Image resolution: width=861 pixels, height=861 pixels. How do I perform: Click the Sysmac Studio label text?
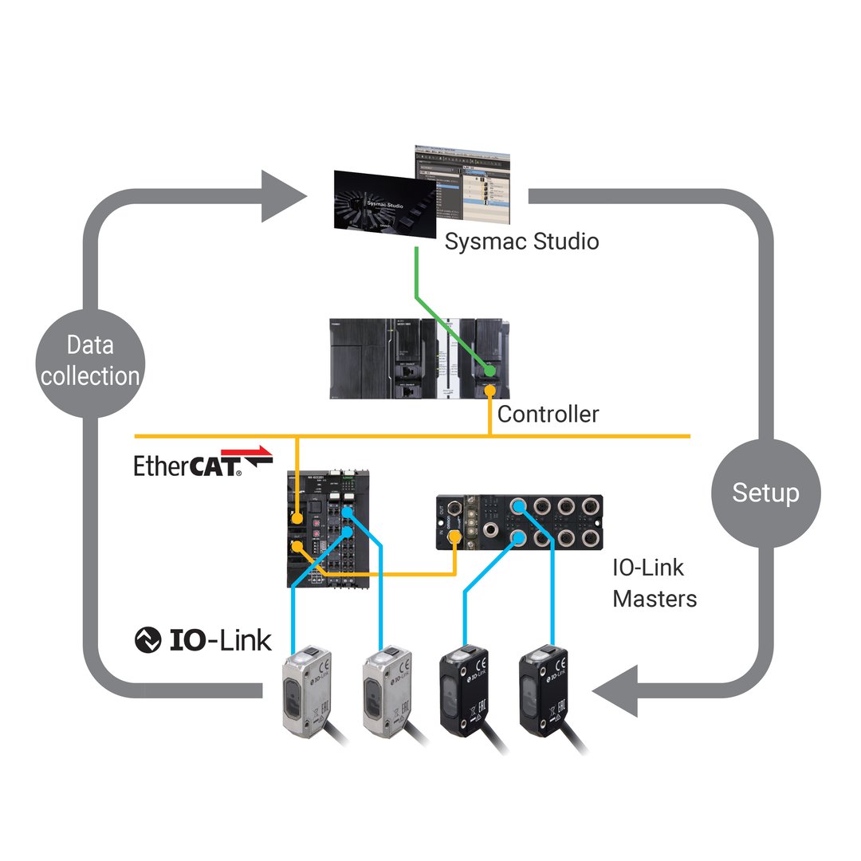point(521,241)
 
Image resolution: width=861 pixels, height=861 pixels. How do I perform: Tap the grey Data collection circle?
point(90,361)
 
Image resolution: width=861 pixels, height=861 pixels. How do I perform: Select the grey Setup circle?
point(765,493)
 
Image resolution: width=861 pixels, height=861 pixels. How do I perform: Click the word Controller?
point(548,415)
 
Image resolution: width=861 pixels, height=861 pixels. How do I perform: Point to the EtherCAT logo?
point(202,462)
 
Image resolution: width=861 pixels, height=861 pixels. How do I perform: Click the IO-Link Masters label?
point(655,583)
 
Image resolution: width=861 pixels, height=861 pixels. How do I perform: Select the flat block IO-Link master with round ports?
point(519,522)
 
